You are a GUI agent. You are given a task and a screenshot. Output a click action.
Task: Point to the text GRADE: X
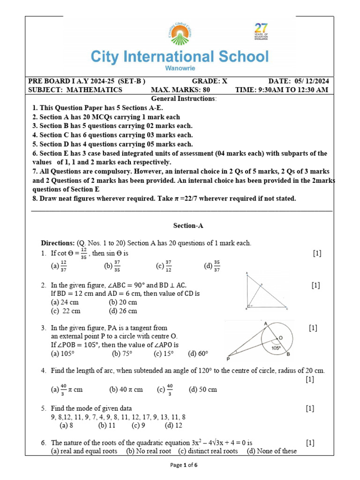(x=210, y=81)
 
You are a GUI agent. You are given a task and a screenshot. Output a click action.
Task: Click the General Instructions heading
(x=184, y=99)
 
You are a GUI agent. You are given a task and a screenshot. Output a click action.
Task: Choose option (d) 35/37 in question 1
(x=212, y=266)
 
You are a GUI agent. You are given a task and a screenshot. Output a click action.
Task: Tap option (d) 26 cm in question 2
(x=123, y=311)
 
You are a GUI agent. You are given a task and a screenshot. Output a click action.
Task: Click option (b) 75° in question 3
(x=122, y=353)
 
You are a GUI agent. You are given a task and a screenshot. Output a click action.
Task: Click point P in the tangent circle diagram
(x=228, y=359)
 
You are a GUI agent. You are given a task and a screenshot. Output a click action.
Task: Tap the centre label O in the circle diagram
(x=280, y=338)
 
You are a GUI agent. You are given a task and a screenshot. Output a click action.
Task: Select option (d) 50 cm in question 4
(x=203, y=390)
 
